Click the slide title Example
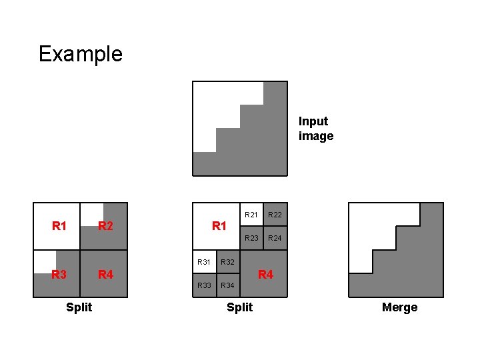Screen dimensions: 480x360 click(81, 53)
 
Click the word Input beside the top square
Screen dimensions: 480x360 click(313, 121)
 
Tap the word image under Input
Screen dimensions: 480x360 click(316, 136)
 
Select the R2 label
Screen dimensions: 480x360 click(105, 226)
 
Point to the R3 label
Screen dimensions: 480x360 click(60, 274)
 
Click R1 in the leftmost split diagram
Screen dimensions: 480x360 click(59, 226)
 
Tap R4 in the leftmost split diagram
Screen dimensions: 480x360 click(105, 274)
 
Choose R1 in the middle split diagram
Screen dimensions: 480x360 click(219, 226)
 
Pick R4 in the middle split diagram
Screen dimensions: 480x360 click(265, 274)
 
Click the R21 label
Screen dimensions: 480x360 click(251, 215)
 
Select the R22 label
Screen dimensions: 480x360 click(275, 215)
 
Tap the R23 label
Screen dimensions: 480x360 click(251, 238)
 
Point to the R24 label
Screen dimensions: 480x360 click(275, 238)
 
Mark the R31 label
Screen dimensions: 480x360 click(204, 262)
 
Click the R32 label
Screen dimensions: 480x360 click(227, 262)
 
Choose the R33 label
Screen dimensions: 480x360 click(204, 285)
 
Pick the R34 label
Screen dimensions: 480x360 click(227, 285)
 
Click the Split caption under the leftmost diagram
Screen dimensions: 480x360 click(79, 307)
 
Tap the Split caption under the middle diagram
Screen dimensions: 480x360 click(240, 307)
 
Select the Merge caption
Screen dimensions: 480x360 click(400, 307)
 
